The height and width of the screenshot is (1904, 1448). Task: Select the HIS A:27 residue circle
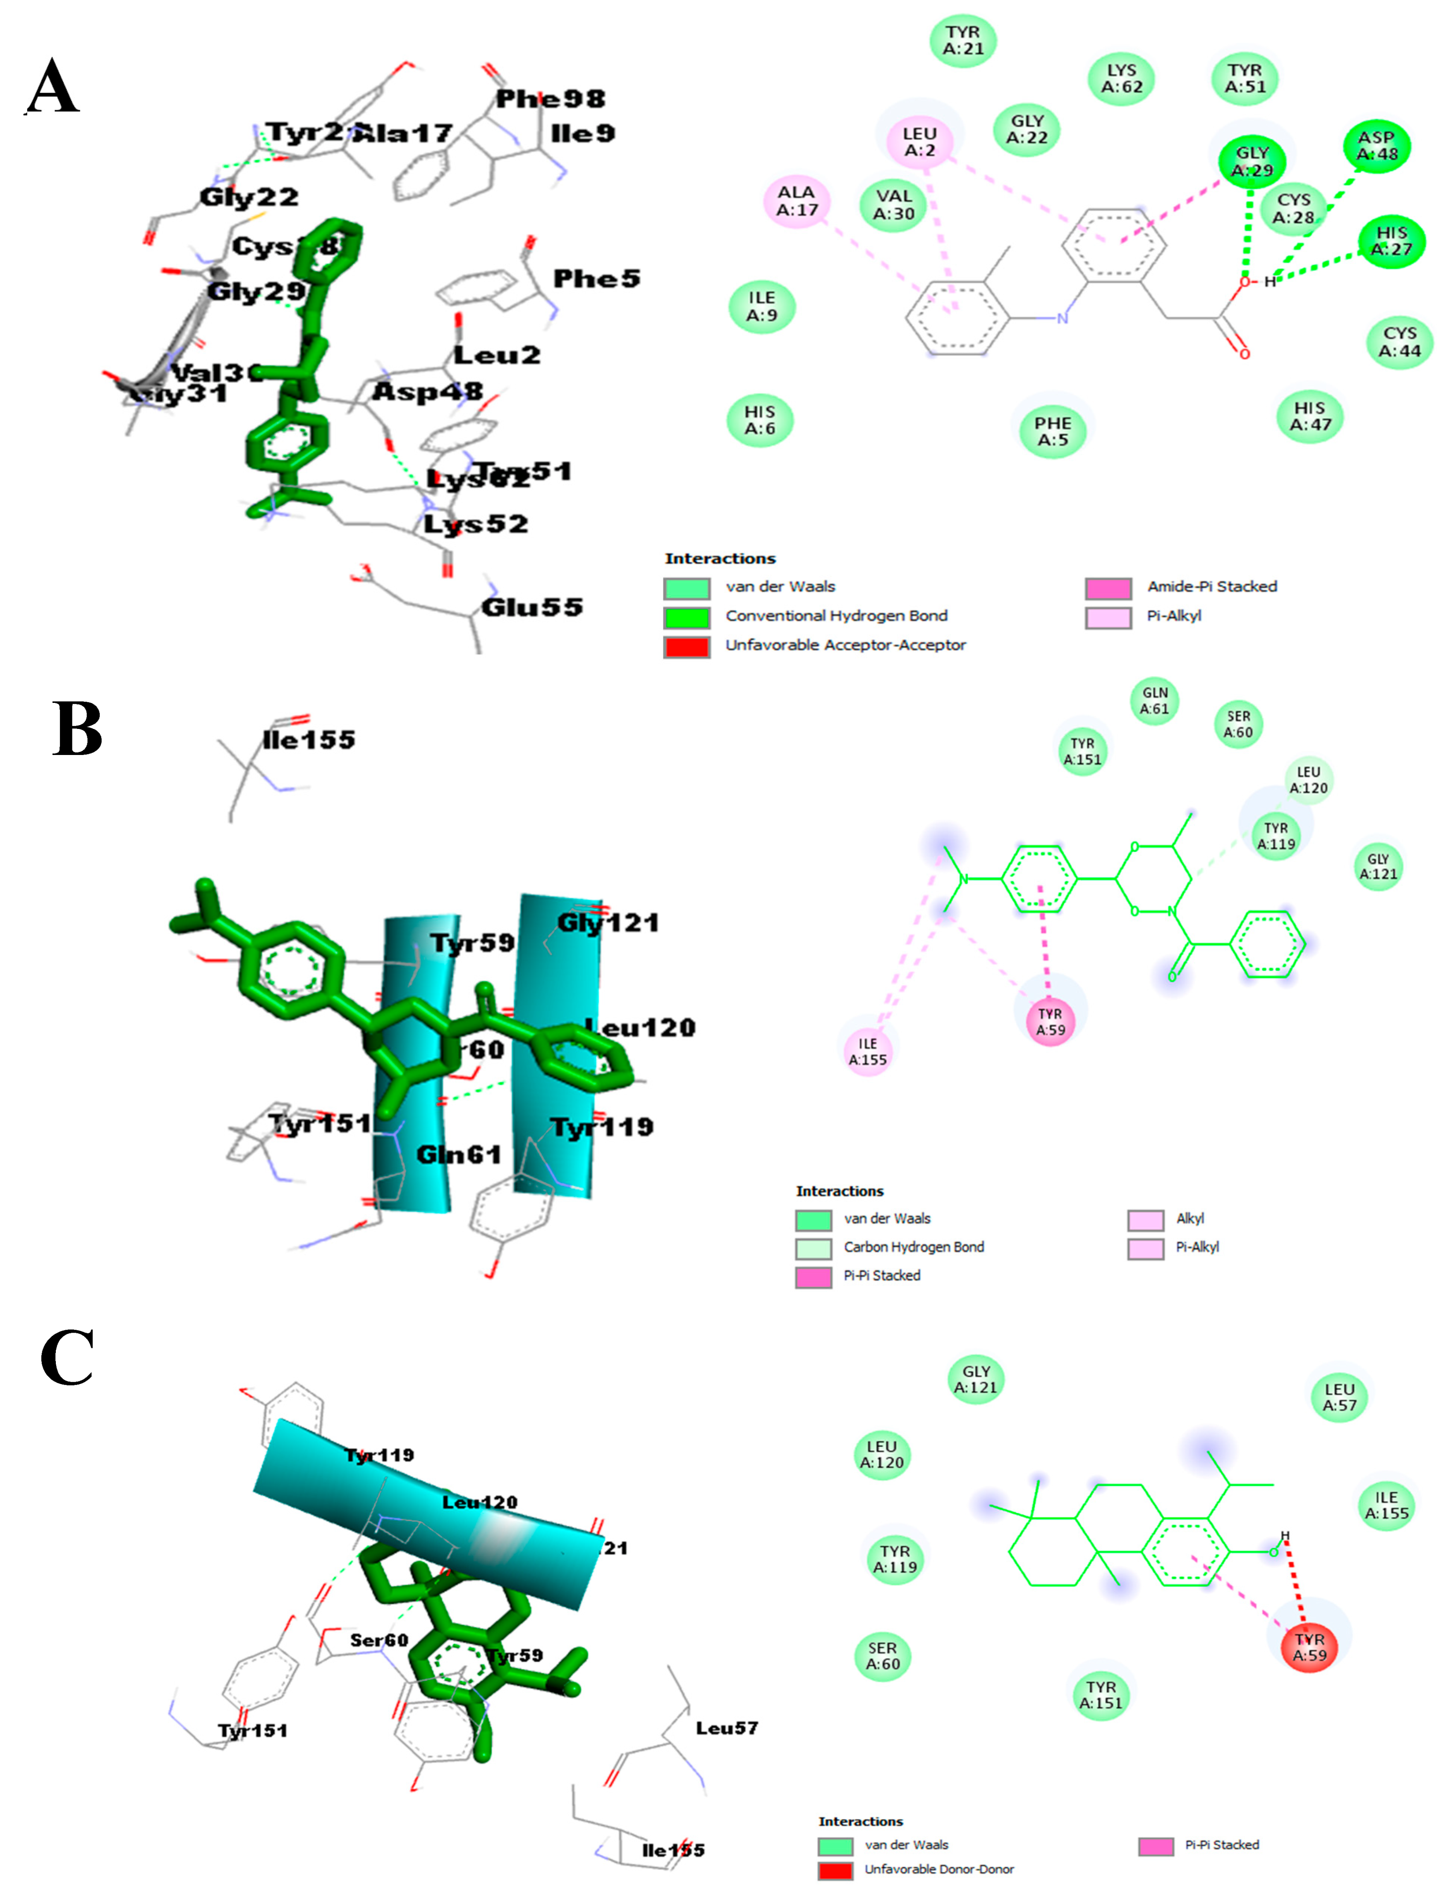1391,241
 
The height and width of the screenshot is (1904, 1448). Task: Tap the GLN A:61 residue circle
1155,700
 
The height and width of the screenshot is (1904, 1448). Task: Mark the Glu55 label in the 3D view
532,607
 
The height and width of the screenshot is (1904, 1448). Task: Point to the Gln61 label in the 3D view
459,1154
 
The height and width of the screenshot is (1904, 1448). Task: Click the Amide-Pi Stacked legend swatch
1108,588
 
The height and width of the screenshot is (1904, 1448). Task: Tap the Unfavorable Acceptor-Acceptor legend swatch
687,647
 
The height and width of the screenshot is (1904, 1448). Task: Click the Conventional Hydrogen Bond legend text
836,616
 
